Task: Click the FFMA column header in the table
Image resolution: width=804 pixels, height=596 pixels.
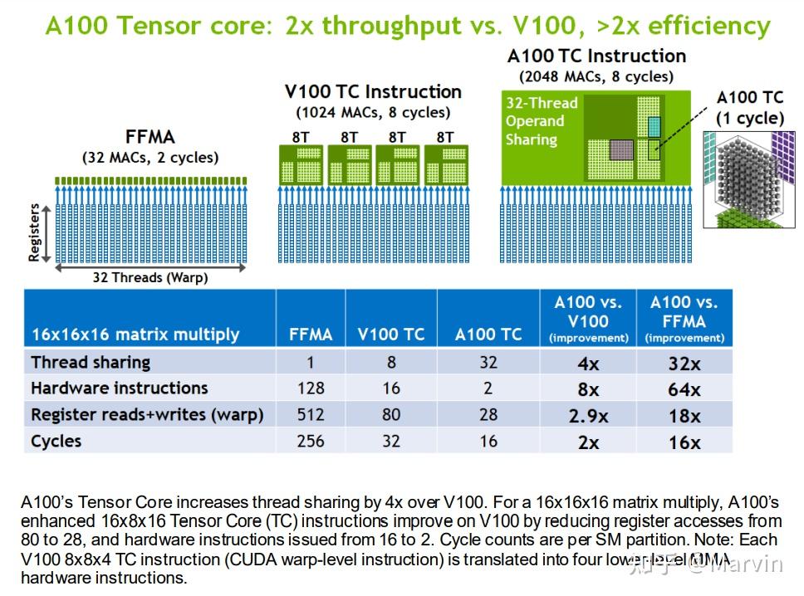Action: (x=311, y=334)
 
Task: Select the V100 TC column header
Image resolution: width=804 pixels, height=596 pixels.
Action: (x=390, y=334)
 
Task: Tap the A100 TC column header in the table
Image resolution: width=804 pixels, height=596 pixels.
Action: (x=488, y=334)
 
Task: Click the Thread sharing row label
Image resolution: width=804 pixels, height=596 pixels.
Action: (x=91, y=362)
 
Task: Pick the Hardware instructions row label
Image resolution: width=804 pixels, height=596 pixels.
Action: (x=119, y=388)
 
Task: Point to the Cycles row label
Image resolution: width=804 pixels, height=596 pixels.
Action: (x=56, y=441)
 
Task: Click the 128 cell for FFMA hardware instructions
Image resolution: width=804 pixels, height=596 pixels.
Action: (x=311, y=388)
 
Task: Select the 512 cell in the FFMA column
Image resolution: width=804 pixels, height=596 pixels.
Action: (x=311, y=414)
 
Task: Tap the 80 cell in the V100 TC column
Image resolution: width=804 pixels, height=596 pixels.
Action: (x=390, y=414)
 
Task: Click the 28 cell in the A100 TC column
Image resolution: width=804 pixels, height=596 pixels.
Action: (x=488, y=414)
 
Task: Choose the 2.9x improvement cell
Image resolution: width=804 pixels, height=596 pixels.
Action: (x=588, y=416)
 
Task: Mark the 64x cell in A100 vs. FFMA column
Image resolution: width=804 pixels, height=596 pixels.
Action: (x=684, y=389)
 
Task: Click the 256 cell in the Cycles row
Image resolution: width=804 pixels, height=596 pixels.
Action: (x=311, y=441)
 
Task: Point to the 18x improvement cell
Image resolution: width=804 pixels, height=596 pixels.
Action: (x=684, y=416)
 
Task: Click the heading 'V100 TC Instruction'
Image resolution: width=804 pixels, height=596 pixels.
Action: (x=373, y=91)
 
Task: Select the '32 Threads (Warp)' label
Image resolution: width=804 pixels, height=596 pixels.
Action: (x=150, y=277)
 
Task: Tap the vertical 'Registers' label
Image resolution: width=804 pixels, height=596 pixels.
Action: (x=34, y=233)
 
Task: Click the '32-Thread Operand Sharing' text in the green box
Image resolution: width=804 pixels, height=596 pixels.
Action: (x=541, y=121)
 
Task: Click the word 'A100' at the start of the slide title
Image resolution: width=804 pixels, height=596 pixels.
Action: (x=76, y=26)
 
